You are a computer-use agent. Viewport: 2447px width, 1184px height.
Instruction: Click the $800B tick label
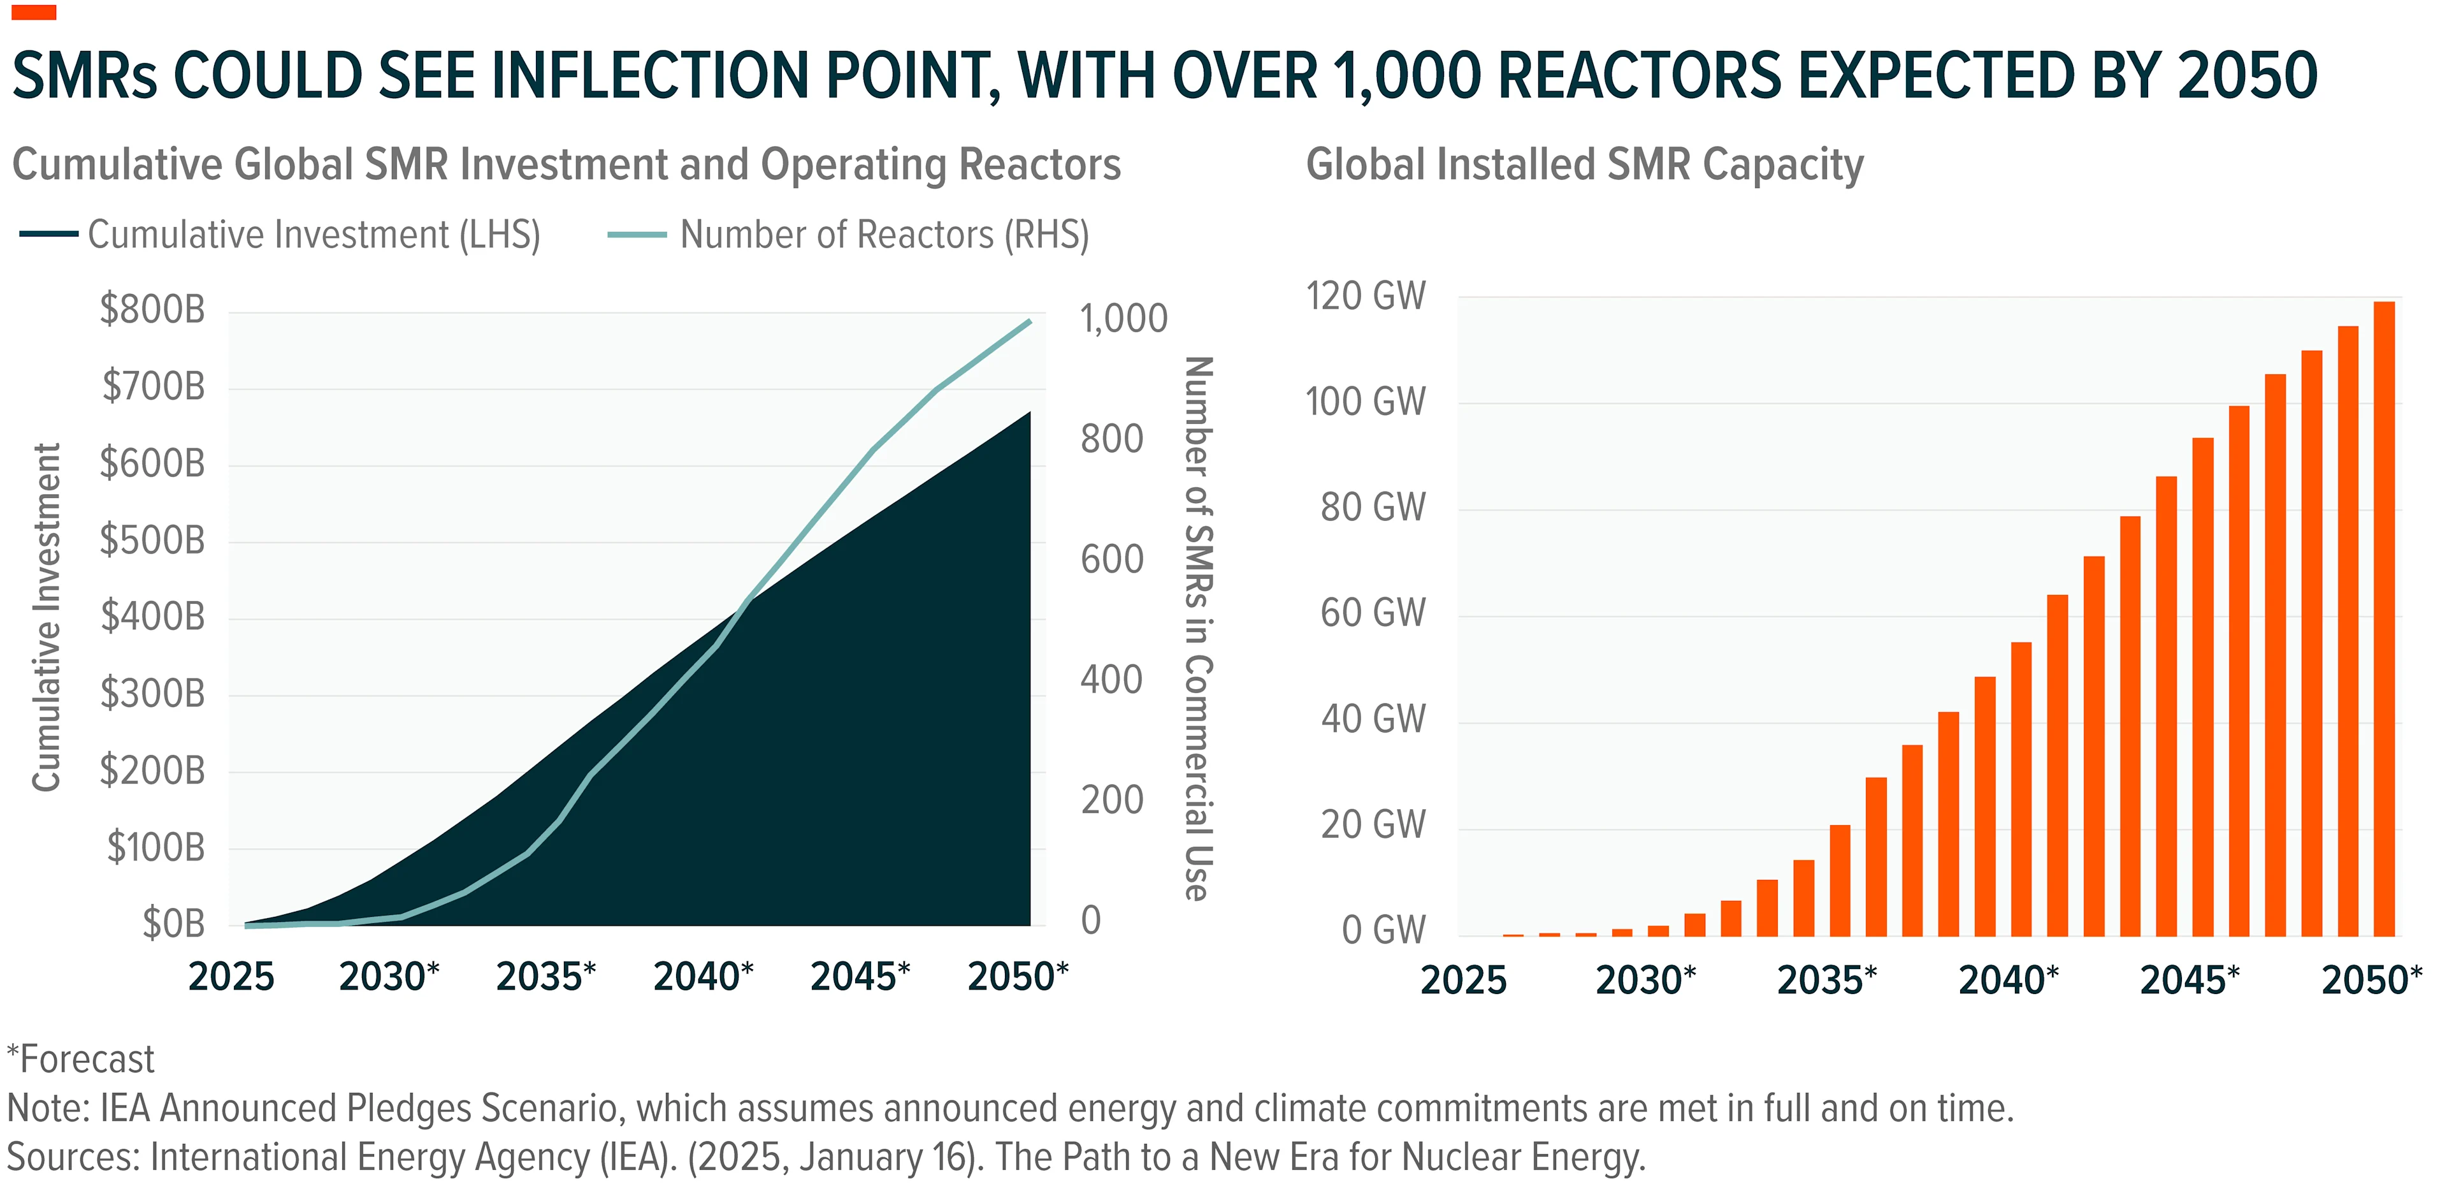point(152,310)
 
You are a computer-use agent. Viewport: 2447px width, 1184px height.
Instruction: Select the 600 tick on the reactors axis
point(1111,560)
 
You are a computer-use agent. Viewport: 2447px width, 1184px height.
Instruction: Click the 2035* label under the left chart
point(546,977)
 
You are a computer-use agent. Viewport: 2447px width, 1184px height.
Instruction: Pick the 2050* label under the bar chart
point(2372,980)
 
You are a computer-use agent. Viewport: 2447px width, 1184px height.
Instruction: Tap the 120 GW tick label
point(1365,296)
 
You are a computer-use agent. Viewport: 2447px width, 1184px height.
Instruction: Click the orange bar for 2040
point(2021,789)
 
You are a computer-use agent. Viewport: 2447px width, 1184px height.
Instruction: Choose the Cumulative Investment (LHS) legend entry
point(280,235)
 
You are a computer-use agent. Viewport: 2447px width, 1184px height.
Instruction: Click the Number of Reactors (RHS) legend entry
point(848,235)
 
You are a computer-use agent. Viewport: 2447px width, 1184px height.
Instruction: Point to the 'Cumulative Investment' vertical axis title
point(47,618)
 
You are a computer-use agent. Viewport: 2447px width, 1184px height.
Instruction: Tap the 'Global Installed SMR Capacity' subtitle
point(1584,164)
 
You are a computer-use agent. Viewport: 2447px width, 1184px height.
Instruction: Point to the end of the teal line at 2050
point(1030,322)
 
